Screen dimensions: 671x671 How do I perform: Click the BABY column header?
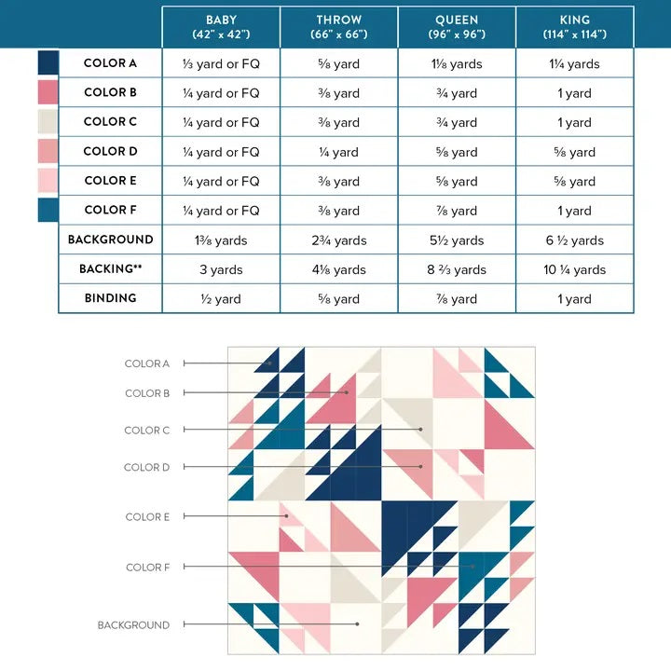[x=221, y=26]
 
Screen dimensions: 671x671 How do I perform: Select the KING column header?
[x=575, y=26]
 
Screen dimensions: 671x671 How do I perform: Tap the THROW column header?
[x=339, y=26]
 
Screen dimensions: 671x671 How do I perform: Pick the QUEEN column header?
[x=457, y=26]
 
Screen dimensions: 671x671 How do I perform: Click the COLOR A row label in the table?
[x=110, y=63]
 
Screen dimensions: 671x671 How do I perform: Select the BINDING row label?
[x=110, y=298]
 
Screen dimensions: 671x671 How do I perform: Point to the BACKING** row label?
[x=110, y=268]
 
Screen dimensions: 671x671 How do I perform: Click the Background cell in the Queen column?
[x=457, y=240]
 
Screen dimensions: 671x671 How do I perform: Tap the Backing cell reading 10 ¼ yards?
[x=575, y=269]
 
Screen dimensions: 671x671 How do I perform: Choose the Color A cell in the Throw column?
[x=339, y=64]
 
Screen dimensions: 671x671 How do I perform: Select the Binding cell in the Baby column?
[x=221, y=299]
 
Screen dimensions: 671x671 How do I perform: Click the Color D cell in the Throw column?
[x=339, y=152]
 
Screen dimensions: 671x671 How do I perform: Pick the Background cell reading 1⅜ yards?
[x=221, y=240]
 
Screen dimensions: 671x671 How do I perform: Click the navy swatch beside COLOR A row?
[x=48, y=62]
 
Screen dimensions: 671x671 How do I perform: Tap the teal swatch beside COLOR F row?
[x=48, y=210]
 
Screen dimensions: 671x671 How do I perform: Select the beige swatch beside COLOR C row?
[x=48, y=121]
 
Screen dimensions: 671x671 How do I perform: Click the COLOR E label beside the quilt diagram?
[x=147, y=517]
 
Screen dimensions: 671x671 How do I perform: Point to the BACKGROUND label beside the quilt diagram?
[x=133, y=625]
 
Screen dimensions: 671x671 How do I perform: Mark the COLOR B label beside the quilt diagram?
[x=147, y=393]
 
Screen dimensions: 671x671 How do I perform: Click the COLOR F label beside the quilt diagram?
[x=147, y=568]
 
